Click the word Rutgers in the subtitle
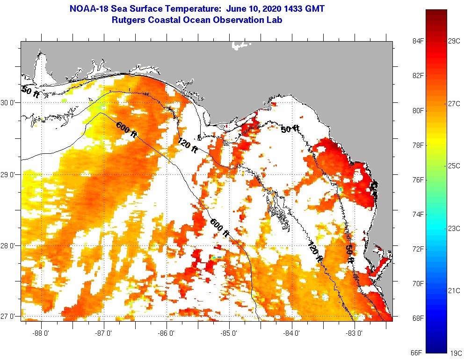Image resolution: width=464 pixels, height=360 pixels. (129, 20)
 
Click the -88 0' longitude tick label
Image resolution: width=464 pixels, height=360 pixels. (41, 333)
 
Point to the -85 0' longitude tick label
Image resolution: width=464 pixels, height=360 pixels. (230, 333)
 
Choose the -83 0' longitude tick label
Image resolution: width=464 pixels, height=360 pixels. (355, 333)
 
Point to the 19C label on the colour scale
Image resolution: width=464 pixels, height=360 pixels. (454, 353)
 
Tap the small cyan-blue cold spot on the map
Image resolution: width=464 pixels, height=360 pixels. (217, 257)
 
